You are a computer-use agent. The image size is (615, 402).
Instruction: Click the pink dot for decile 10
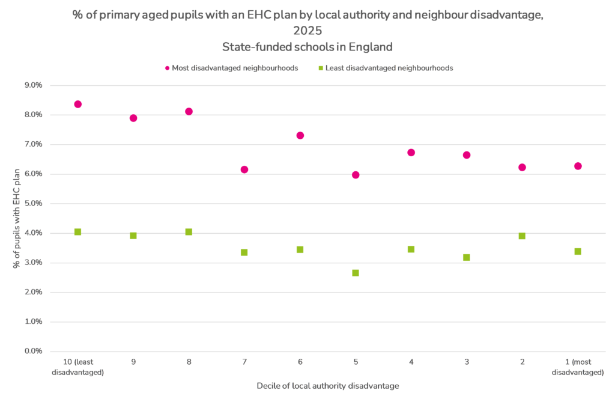pyautogui.click(x=77, y=104)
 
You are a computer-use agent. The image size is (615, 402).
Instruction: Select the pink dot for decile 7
pyautogui.click(x=244, y=169)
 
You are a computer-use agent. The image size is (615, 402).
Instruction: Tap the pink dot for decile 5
pyautogui.click(x=356, y=175)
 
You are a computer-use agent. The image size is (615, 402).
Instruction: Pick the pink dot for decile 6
pyautogui.click(x=300, y=135)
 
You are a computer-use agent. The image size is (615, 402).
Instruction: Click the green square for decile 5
pyautogui.click(x=356, y=273)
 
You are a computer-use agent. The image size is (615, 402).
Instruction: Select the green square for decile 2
pyautogui.click(x=522, y=236)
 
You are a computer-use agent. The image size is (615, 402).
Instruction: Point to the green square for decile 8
pyautogui.click(x=189, y=232)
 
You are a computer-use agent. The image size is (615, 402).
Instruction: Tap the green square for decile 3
pyautogui.click(x=467, y=257)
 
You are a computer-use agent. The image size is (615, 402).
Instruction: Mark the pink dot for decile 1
pyautogui.click(x=578, y=166)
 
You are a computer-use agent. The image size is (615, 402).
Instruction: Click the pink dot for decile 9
pyautogui.click(x=133, y=118)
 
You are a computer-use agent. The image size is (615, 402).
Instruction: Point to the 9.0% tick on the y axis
pyautogui.click(x=32, y=85)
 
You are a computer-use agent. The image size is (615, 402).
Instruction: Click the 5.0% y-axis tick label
pyautogui.click(x=32, y=203)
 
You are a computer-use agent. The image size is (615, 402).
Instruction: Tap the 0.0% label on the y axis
pyautogui.click(x=32, y=351)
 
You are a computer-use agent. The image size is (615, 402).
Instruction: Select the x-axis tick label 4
pyautogui.click(x=411, y=362)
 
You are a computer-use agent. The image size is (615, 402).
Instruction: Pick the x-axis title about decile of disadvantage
pyautogui.click(x=327, y=385)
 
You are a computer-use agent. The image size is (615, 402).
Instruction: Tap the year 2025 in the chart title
pyautogui.click(x=307, y=31)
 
